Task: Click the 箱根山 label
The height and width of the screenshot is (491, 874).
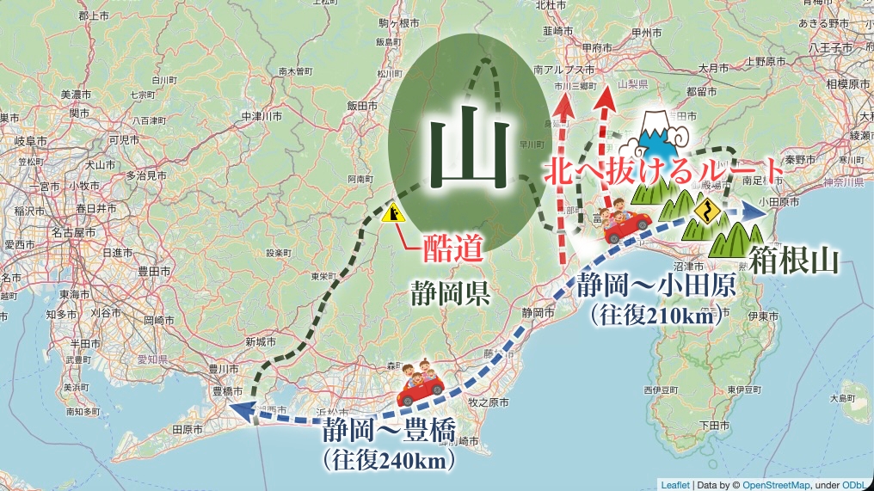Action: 792,259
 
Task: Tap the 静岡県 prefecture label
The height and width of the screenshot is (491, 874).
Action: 450,294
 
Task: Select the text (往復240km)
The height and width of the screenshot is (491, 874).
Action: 388,460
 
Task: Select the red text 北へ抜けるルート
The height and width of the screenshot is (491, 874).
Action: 664,169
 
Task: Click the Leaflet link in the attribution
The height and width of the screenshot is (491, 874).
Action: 674,483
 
